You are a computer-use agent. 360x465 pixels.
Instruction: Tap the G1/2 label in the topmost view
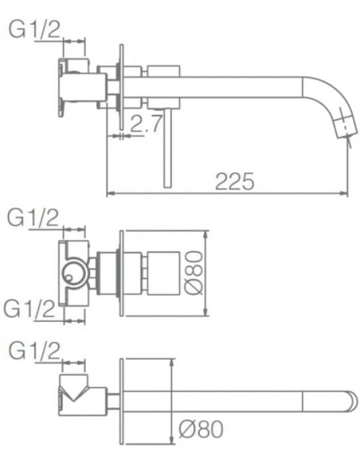pos(34,29)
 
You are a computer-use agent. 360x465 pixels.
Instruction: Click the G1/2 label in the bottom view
pos(33,350)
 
